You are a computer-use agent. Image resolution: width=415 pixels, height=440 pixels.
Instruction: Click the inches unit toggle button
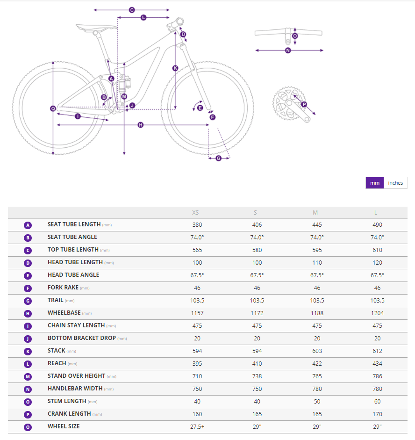395,183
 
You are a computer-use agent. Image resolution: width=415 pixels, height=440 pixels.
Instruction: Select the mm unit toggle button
375,183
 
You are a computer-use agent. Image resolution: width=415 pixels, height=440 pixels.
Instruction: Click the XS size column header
195,213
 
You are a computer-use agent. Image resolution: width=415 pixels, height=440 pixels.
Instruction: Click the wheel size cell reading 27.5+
197,426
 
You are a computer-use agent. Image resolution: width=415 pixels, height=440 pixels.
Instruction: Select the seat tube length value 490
377,225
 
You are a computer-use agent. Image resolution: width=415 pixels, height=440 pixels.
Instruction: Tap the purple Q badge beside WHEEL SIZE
28,426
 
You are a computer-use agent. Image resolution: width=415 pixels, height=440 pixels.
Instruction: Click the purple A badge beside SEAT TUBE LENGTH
28,225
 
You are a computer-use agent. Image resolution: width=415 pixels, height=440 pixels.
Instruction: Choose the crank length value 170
377,414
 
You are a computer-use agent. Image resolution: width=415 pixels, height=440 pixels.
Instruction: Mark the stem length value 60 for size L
377,401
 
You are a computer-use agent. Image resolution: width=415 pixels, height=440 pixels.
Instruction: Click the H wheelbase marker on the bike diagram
141,125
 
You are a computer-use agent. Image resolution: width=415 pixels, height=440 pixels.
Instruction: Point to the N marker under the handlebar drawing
288,50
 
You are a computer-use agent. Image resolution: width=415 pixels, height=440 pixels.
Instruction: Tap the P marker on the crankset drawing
304,104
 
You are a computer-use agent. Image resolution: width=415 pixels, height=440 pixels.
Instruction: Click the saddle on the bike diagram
96,27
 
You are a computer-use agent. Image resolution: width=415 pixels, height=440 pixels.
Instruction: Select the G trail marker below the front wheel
218,158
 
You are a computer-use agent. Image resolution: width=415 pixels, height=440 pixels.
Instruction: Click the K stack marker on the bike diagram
175,68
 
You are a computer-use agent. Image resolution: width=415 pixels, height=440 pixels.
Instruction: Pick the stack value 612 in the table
377,351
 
